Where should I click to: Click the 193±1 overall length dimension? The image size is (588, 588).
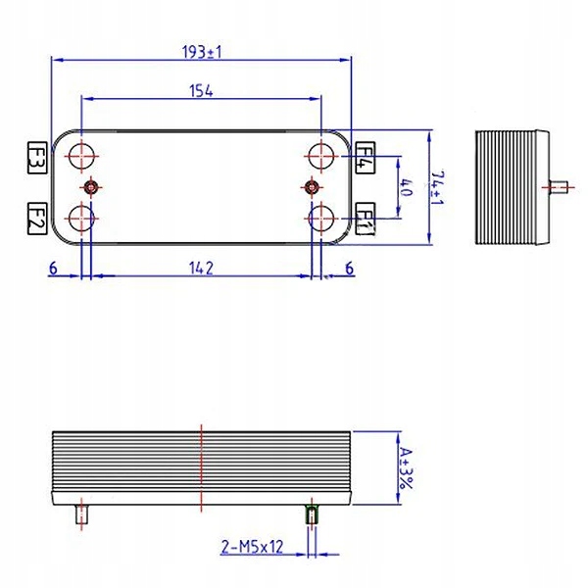(x=202, y=52)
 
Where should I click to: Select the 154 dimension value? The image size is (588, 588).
(x=202, y=91)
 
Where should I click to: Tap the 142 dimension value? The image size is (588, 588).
(x=202, y=267)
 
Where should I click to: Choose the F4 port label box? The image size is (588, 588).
(x=365, y=157)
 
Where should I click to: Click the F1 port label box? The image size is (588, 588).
(x=365, y=217)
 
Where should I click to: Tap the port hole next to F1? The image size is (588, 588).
(x=320, y=217)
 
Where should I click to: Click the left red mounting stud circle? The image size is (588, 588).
(x=90, y=186)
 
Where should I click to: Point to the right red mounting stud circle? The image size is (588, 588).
(x=313, y=186)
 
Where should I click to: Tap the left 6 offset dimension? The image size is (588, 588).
(x=53, y=267)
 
